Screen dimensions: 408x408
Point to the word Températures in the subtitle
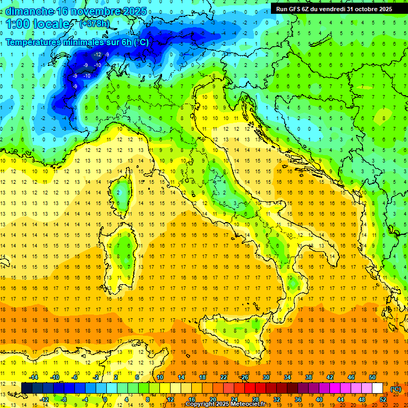point(35,42)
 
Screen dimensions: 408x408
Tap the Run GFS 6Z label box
point(334,8)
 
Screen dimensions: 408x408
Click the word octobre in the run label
point(363,8)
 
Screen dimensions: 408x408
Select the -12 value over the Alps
point(97,55)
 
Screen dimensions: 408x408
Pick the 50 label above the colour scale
point(372,377)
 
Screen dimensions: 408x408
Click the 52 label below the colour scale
point(383,399)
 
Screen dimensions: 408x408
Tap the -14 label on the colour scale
point(35,377)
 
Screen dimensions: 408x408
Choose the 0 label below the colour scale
point(105,399)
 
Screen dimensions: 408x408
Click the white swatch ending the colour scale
point(378,388)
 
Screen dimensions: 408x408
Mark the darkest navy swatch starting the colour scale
point(26,388)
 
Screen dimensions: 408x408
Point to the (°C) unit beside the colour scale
point(396,388)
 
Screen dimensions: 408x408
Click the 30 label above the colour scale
point(266,377)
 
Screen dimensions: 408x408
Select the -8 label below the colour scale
point(64,399)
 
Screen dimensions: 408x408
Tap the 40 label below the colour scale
point(319,399)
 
